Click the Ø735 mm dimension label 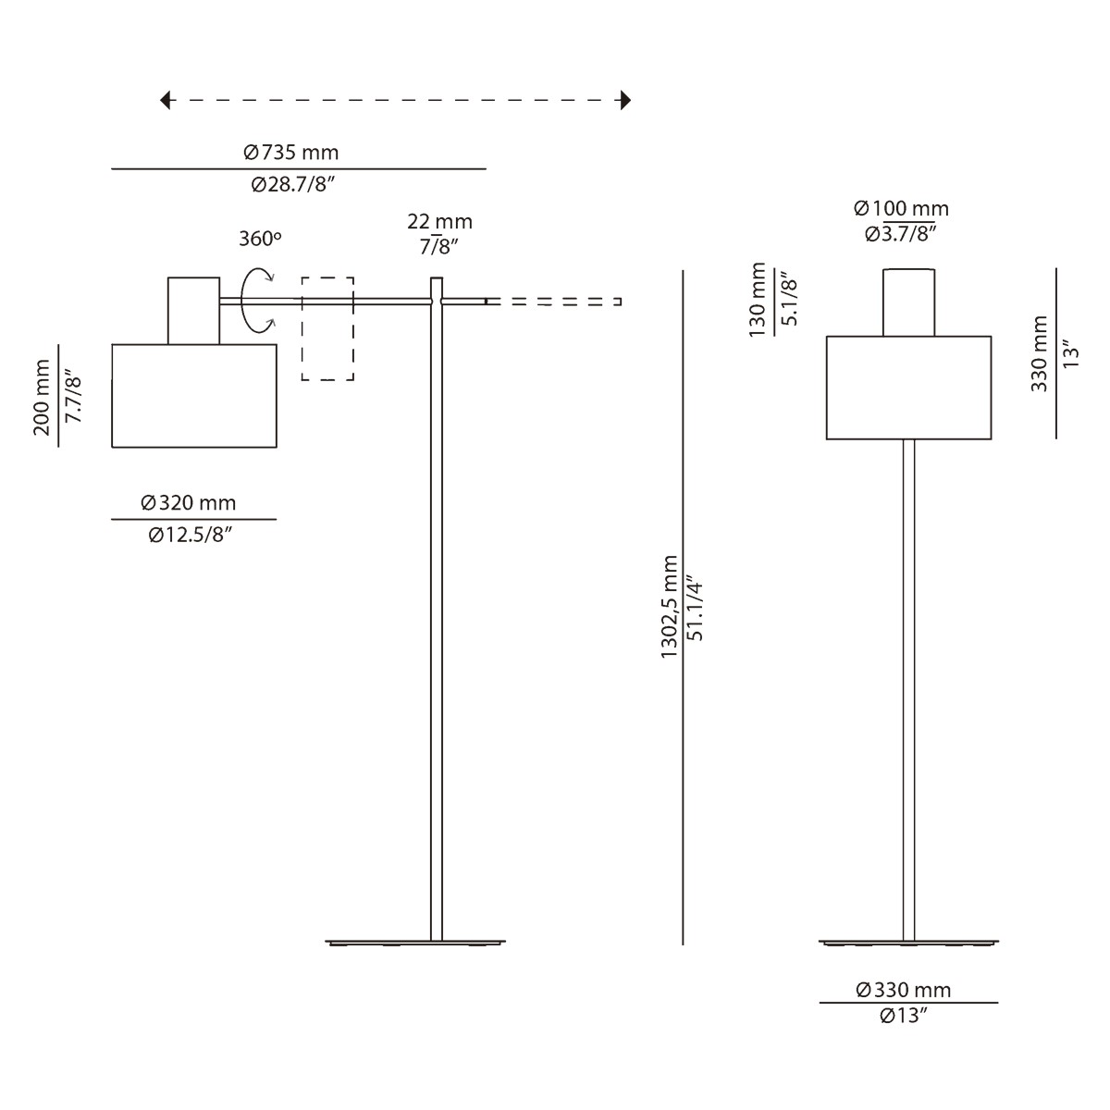click(290, 152)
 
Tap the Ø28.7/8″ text click(292, 185)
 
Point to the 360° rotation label click(260, 238)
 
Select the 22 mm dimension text click(439, 221)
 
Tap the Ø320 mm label click(189, 502)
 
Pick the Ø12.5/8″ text click(190, 536)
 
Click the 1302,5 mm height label click(670, 608)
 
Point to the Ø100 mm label click(901, 209)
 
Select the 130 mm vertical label click(759, 300)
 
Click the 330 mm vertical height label click(1040, 353)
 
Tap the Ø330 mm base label click(904, 990)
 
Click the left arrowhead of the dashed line click(166, 100)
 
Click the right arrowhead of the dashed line click(625, 100)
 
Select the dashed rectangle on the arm click(327, 328)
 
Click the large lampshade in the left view click(194, 396)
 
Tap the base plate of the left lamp click(416, 943)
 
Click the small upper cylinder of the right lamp click(908, 302)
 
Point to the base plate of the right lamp click(908, 943)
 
